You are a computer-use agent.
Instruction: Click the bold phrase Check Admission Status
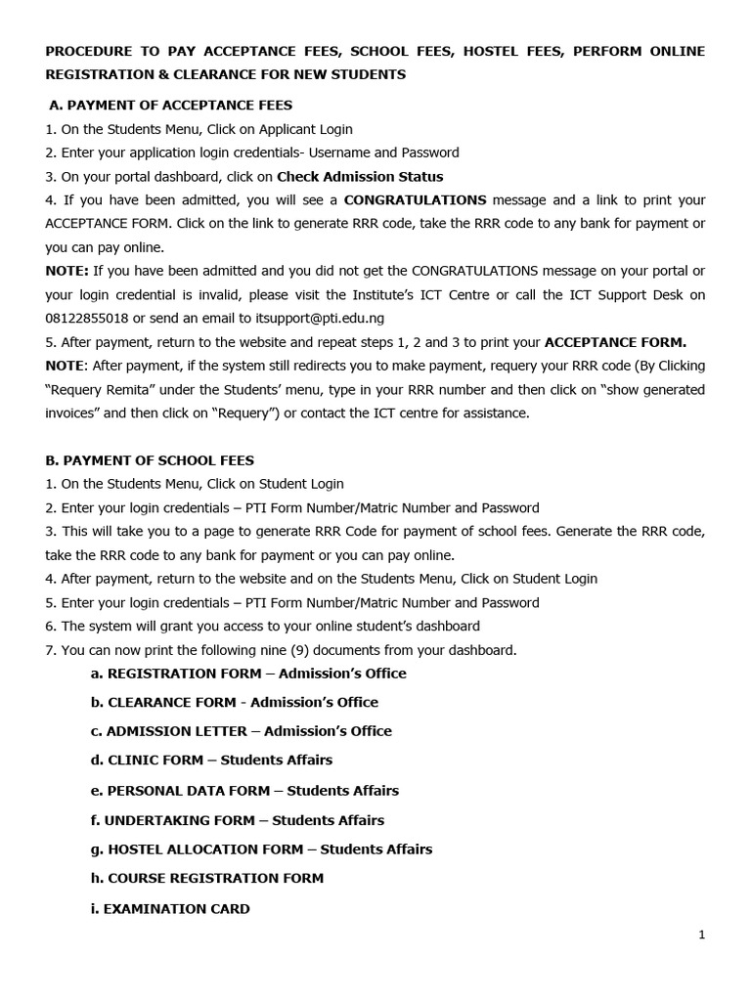[x=360, y=177]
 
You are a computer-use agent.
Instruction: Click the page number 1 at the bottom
[x=701, y=935]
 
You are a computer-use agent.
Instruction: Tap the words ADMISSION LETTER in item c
[x=176, y=731]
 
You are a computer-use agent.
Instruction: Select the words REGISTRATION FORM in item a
[x=184, y=673]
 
